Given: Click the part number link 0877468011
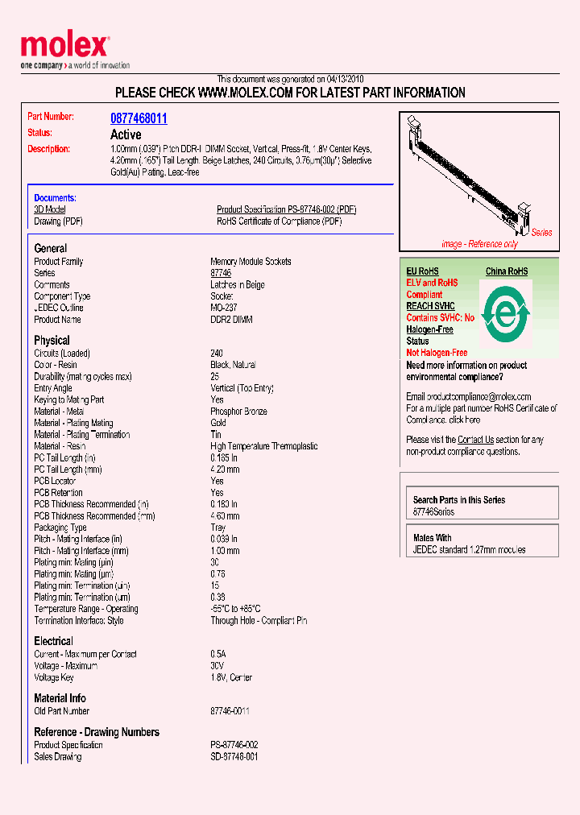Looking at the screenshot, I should pos(139,118).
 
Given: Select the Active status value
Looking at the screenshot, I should pos(126,134).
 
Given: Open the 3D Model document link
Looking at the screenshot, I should pos(49,209).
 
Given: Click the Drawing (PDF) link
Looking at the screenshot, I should pos(58,221).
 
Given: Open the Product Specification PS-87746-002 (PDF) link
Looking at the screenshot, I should pos(286,209).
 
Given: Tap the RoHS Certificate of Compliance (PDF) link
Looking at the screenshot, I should pos(279,221).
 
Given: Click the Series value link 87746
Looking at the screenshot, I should pos(221,273).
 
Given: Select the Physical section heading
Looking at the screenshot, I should pos(52,340).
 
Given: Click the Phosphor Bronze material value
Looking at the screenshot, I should pos(239,412).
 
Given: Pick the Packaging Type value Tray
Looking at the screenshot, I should pos(218,527).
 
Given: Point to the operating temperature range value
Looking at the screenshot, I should pos(235,609).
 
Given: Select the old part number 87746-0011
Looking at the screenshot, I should pos(230,711).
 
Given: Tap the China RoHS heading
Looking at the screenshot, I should pos(506,271).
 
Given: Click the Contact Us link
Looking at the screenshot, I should pos(475,440).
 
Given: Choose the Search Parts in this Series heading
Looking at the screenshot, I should pos(459,500).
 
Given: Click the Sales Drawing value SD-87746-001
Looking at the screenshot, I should pos(234,757).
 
